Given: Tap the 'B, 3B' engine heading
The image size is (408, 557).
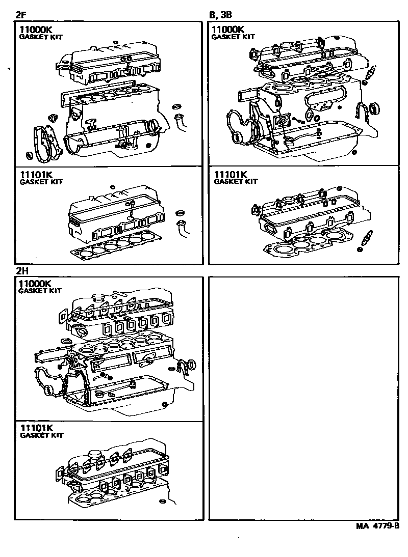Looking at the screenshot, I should pyautogui.click(x=221, y=14).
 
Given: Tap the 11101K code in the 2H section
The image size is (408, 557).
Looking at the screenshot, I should pyautogui.click(x=37, y=428).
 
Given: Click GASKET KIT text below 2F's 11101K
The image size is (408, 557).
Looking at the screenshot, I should pyautogui.click(x=41, y=182).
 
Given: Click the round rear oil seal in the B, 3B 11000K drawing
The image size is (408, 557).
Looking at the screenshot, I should pyautogui.click(x=375, y=108).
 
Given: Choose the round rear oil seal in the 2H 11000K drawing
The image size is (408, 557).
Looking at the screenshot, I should pyautogui.click(x=191, y=365).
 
